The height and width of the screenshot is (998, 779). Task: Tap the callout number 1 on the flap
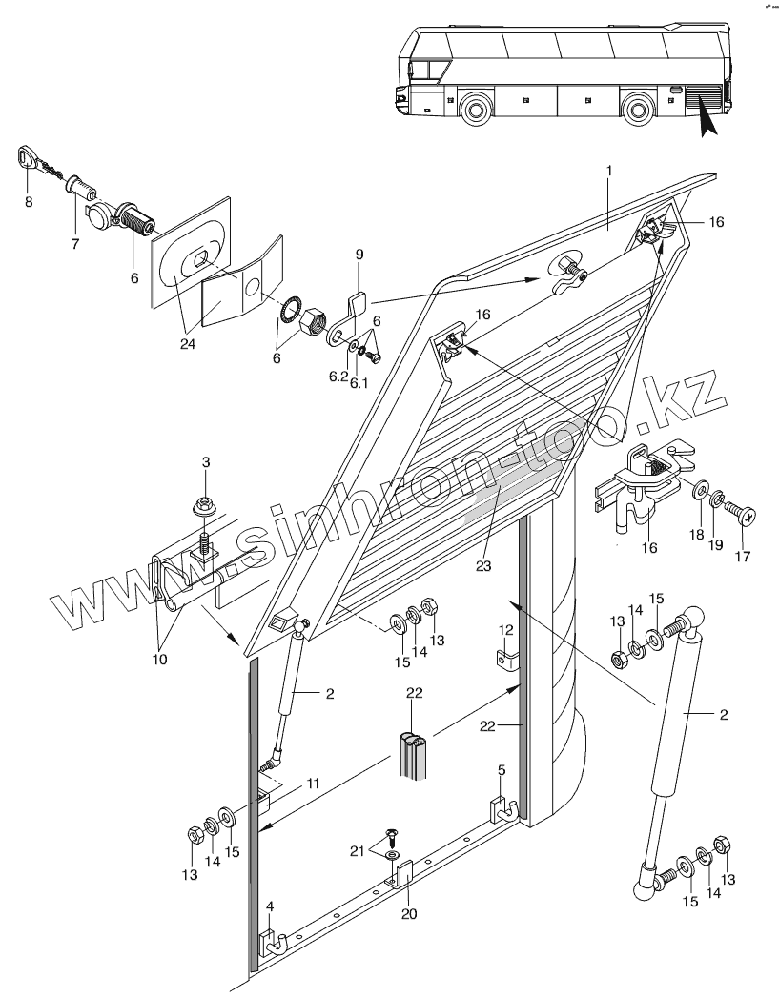(609, 171)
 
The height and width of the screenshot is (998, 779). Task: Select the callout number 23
(483, 565)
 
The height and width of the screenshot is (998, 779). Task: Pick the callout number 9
(359, 254)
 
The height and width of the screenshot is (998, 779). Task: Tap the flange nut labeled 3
(205, 508)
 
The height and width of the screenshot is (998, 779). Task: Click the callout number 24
(187, 344)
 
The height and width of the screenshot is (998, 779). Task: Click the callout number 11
(312, 784)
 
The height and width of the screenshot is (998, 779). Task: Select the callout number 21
(358, 851)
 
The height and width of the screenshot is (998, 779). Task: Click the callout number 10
(160, 660)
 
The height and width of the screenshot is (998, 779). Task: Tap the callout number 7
(75, 243)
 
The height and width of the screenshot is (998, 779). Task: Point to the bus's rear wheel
(638, 109)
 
